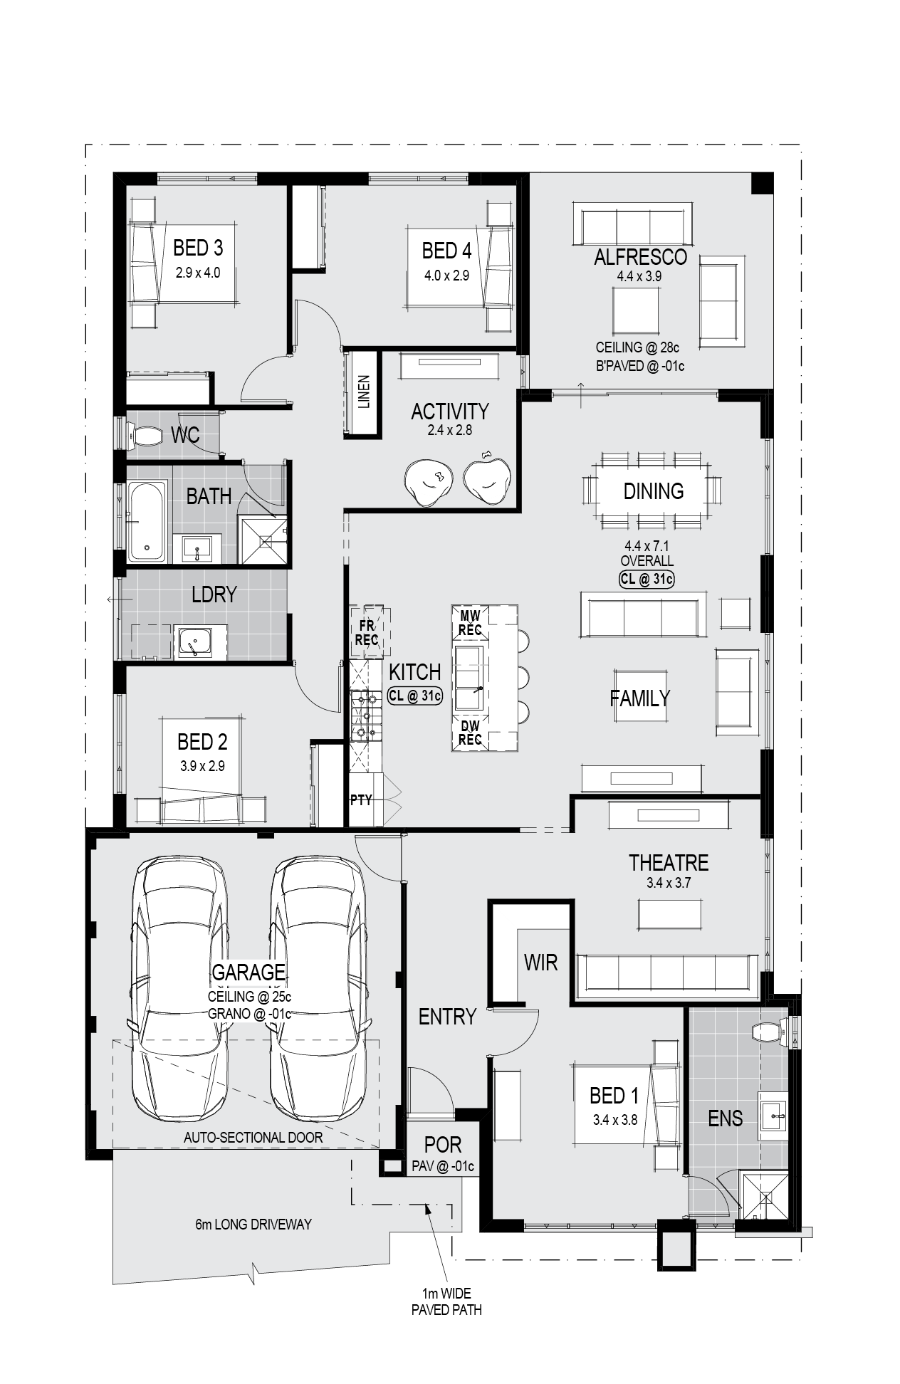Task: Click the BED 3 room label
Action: pyautogui.click(x=198, y=248)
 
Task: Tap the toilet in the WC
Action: pyautogui.click(x=145, y=434)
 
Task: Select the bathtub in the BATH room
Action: pyautogui.click(x=147, y=522)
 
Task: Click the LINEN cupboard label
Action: pyautogui.click(x=364, y=392)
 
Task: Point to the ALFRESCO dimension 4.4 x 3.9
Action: pyautogui.click(x=640, y=277)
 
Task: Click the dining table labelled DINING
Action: pyautogui.click(x=654, y=491)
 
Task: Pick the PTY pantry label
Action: pyautogui.click(x=361, y=800)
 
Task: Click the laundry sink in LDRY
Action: pyautogui.click(x=194, y=643)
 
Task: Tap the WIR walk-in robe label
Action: pyautogui.click(x=540, y=963)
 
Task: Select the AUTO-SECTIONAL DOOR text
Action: pyautogui.click(x=253, y=1138)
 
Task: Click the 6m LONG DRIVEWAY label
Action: pyautogui.click(x=253, y=1225)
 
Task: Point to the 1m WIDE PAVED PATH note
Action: pyautogui.click(x=446, y=1301)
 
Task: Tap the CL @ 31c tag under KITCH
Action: pyautogui.click(x=415, y=696)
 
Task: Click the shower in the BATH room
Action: pyautogui.click(x=264, y=540)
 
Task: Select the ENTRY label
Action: pyautogui.click(x=447, y=1017)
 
